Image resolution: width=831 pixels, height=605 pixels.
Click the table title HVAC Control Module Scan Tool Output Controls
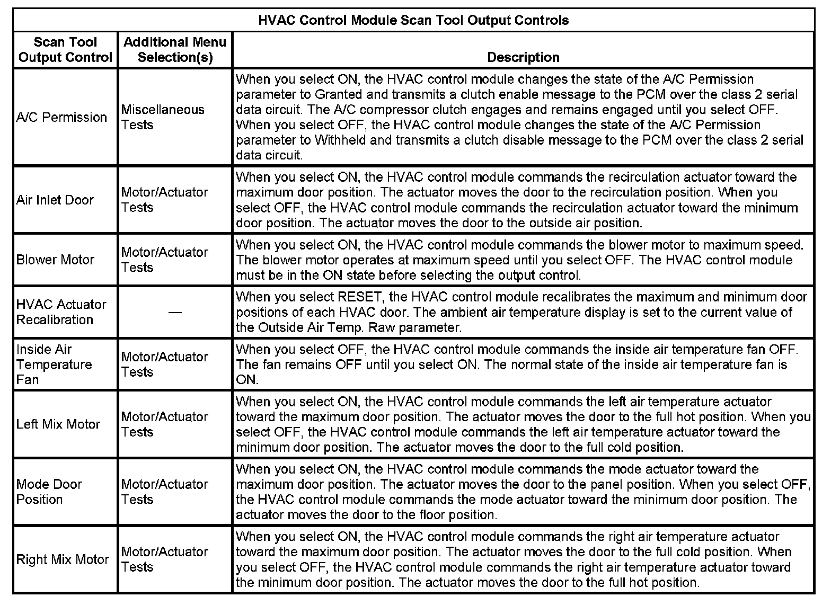413,21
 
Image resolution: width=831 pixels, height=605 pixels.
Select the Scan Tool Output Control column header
65,50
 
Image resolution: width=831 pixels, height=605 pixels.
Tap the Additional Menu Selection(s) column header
175,50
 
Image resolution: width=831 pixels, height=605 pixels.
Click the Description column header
523,57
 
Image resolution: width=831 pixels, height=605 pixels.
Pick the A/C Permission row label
61,117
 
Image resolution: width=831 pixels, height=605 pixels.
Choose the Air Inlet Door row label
55,200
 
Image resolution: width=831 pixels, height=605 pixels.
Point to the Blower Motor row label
55,260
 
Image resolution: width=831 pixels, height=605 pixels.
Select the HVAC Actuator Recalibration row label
61,312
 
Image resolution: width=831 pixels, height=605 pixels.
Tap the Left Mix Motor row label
58,424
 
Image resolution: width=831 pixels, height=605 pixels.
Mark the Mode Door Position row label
49,492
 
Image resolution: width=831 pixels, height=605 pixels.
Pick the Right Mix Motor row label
63,559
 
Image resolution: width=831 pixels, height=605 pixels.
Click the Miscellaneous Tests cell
163,117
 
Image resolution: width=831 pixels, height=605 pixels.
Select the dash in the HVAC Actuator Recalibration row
175,313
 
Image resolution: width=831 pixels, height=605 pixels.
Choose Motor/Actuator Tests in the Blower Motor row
165,260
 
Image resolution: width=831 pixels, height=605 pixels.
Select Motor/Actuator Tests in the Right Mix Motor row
165,559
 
